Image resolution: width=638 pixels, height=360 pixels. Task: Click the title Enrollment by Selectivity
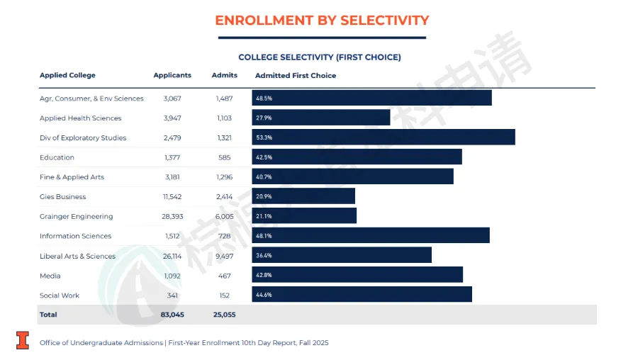322,20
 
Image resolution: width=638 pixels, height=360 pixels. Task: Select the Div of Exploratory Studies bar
384,137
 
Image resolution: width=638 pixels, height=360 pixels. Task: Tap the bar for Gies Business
303,196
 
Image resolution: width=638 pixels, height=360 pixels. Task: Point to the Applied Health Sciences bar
321,118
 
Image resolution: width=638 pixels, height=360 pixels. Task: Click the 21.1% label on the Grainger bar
264,216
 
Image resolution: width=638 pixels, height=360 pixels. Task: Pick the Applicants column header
172,75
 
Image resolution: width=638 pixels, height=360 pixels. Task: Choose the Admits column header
225,75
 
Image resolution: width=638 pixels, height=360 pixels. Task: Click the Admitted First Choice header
296,75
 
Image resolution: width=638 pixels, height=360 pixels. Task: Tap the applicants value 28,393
172,216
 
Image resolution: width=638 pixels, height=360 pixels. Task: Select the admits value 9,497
225,256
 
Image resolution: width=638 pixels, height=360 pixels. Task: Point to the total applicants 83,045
172,314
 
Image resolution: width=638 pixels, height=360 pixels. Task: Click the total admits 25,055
225,314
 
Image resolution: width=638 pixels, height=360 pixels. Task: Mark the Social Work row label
60,296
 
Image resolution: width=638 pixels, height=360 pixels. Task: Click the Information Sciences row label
75,236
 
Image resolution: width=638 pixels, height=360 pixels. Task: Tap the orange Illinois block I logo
23,340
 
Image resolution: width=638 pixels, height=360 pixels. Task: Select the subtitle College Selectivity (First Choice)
320,57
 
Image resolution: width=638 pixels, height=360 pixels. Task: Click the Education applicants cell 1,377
172,157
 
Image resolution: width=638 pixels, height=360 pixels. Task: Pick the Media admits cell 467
225,276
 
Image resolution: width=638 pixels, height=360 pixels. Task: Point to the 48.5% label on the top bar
264,99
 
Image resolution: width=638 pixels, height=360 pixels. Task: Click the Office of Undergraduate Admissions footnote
184,343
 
